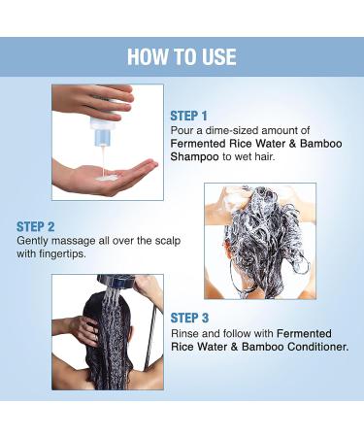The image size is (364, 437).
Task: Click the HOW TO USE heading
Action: tap(182, 57)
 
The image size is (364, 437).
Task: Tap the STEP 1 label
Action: tap(188, 116)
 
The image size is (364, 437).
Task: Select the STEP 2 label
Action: tap(36, 227)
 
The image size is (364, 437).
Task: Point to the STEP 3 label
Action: tap(189, 318)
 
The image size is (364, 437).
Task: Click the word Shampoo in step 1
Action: tap(194, 157)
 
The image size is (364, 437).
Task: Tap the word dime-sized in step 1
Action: tap(232, 130)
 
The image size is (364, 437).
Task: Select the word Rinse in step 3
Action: tap(183, 333)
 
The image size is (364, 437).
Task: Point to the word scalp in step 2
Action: tap(167, 241)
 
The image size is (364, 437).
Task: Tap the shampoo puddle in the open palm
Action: tap(105, 178)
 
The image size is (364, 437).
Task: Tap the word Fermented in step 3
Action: tap(304, 333)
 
